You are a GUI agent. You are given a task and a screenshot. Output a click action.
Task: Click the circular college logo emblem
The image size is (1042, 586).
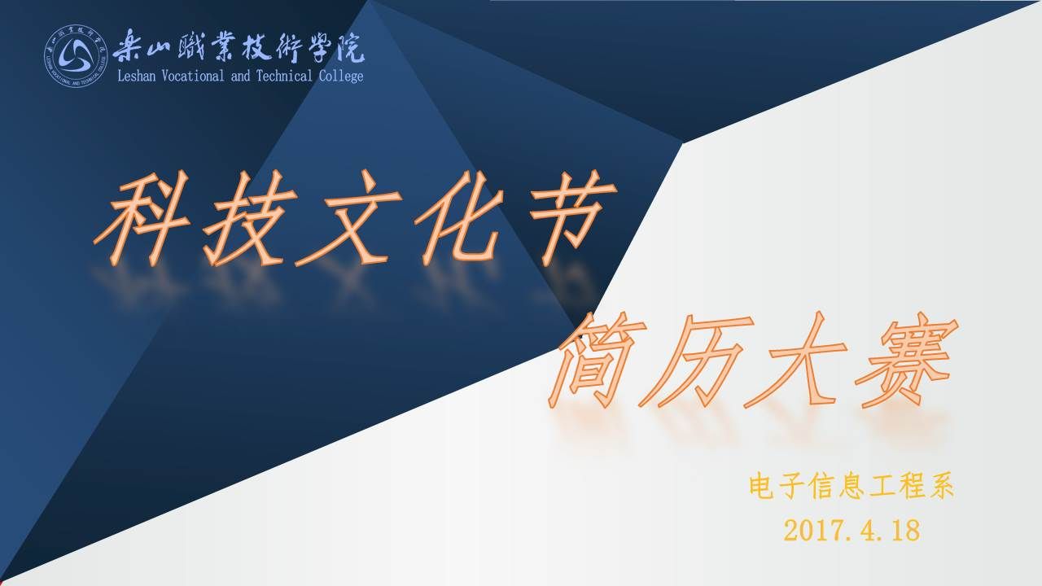pyautogui.click(x=76, y=56)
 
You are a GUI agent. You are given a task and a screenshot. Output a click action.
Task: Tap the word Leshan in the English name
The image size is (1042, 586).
pyautogui.click(x=136, y=76)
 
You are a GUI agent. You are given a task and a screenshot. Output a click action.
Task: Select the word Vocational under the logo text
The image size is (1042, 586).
pyautogui.click(x=193, y=76)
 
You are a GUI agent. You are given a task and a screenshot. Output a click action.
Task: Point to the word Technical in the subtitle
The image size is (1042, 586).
pyautogui.click(x=284, y=76)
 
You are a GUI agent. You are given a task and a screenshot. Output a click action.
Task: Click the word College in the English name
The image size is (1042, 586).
pyautogui.click(x=341, y=77)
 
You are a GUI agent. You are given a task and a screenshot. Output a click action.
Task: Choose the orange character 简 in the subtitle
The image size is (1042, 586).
pyautogui.click(x=598, y=361)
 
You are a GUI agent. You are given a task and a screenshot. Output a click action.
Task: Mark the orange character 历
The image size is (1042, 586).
pyautogui.click(x=696, y=361)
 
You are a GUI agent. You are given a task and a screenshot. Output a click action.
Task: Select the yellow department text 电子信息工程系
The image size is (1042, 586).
pyautogui.click(x=852, y=487)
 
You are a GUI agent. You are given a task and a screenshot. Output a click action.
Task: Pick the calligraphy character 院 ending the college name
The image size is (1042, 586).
pyautogui.click(x=350, y=47)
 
